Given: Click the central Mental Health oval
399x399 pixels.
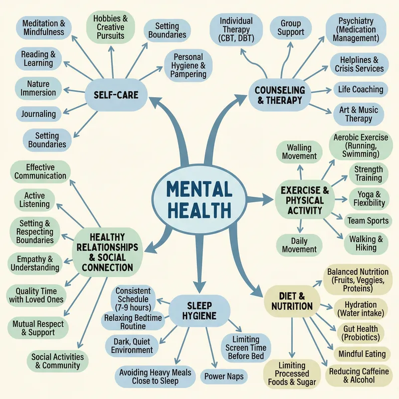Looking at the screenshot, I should pos(199,199).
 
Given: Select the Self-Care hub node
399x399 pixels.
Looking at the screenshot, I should pos(112,94).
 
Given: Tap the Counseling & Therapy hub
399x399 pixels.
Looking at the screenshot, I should pos(279,95).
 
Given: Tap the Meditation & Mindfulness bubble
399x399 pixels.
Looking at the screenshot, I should pos(44,27).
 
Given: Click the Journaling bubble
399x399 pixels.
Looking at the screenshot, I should pos(38,114).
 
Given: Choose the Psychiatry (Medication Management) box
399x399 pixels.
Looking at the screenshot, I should pos(356,29).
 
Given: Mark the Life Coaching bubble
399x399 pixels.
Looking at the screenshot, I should pos(361,90).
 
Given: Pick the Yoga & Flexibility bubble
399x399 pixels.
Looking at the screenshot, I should pos(368,198).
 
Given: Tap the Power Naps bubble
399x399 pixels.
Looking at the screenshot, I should pos(224,375).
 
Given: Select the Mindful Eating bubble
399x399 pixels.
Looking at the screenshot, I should pos(362,354).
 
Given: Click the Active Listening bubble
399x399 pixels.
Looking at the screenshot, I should pos(34,199).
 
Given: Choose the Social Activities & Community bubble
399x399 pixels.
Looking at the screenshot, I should pos(58,361).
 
